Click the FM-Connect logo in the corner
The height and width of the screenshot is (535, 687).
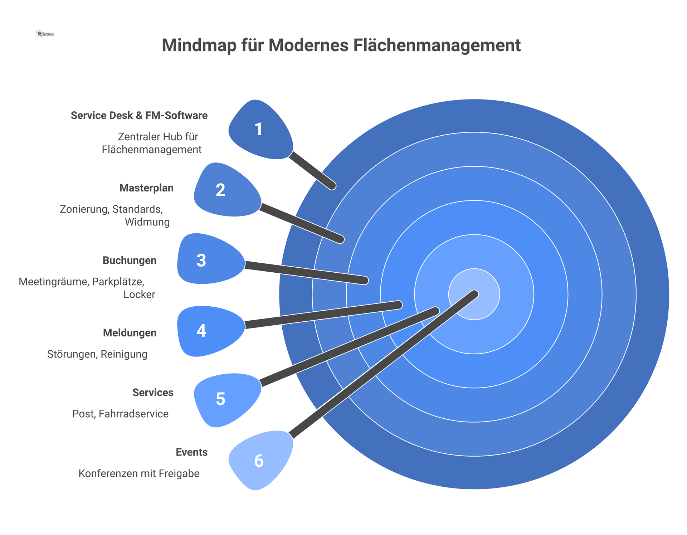click(45, 34)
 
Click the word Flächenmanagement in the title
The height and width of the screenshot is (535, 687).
click(437, 45)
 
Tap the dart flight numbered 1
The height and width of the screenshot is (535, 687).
click(261, 129)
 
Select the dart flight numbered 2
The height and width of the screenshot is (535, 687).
click(228, 190)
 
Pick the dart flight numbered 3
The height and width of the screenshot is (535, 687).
click(211, 259)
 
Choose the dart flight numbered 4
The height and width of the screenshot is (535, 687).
click(211, 331)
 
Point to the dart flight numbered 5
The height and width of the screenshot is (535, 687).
click(228, 400)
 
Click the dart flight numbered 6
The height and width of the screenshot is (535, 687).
click(261, 461)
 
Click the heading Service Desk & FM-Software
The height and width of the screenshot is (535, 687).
click(139, 116)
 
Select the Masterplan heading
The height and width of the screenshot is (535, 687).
click(146, 188)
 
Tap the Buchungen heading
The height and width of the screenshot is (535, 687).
click(130, 261)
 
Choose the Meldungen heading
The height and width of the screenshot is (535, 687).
click(130, 333)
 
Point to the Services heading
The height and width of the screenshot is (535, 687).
click(153, 393)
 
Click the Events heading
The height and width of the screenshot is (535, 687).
click(191, 452)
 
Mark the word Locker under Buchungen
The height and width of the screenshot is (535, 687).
click(139, 295)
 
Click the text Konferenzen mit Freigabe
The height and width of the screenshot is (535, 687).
click(139, 474)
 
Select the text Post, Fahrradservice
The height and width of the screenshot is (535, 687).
click(120, 414)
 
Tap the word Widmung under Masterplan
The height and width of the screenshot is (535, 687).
click(147, 222)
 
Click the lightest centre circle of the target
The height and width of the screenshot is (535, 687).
click(474, 294)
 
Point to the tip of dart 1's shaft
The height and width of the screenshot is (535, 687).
click(332, 186)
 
